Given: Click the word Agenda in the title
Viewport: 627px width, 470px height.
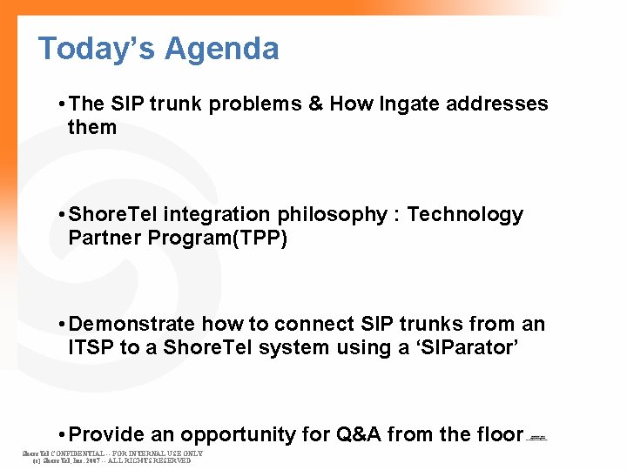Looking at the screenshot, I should pyautogui.click(x=222, y=49).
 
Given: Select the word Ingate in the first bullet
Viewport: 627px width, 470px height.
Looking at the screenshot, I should pyautogui.click(x=409, y=104).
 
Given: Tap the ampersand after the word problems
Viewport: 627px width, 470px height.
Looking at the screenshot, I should pyautogui.click(x=315, y=104).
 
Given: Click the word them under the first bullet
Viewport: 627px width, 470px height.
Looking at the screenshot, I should pyautogui.click(x=92, y=128).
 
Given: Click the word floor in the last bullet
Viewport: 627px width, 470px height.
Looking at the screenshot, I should pyautogui.click(x=499, y=434).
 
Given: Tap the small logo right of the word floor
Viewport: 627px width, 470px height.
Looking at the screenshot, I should pyautogui.click(x=537, y=438).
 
